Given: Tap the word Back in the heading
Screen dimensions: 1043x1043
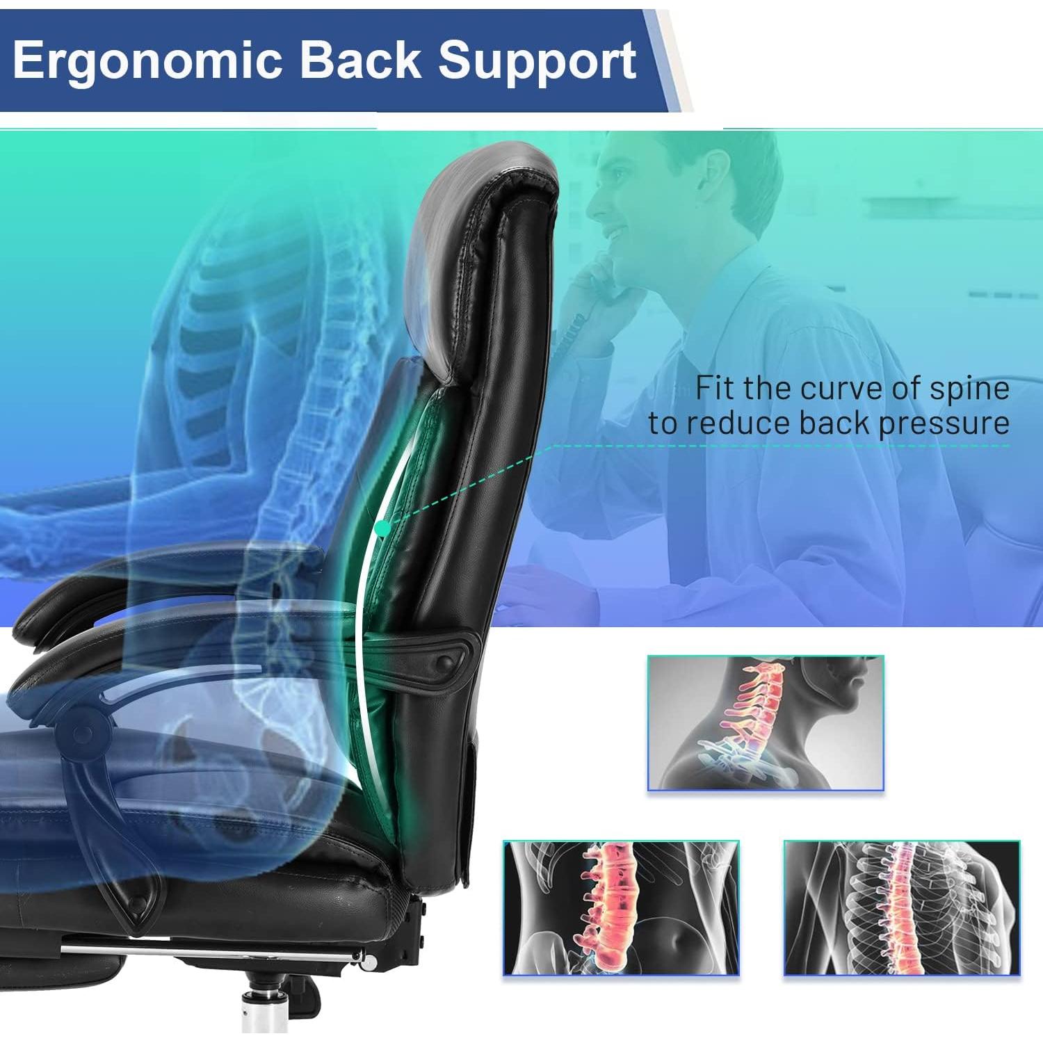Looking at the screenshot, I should click(x=360, y=61).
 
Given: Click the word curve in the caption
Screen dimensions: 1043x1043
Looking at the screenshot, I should click(x=841, y=388).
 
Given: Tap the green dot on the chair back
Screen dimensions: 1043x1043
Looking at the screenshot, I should click(x=382, y=529).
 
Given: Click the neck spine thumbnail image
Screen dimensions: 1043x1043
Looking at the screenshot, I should click(x=766, y=723).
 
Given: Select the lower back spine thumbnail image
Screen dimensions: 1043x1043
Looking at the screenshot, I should click(x=621, y=907).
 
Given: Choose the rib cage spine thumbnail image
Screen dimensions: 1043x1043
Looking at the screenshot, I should click(x=902, y=907).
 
